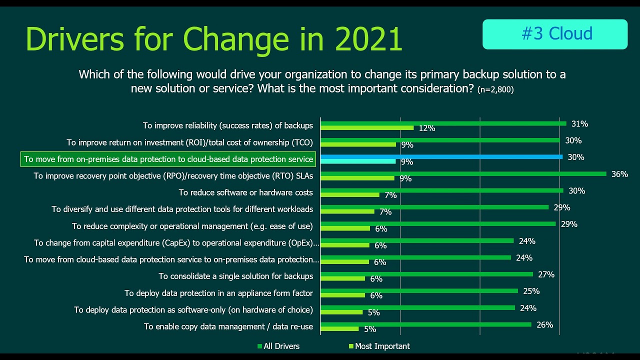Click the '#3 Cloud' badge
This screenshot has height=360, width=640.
[x=554, y=34]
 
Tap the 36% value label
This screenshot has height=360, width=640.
[x=619, y=174]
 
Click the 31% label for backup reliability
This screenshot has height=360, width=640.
[x=579, y=123]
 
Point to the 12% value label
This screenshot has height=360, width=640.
[x=426, y=128]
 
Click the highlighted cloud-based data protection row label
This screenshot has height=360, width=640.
[x=168, y=159]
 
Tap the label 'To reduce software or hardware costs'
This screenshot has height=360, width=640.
[x=245, y=192]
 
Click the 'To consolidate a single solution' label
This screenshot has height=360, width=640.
[x=235, y=276]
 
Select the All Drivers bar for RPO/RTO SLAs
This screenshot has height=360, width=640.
[x=463, y=173]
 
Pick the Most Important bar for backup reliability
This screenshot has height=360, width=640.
[x=367, y=128]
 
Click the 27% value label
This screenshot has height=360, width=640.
[x=546, y=274]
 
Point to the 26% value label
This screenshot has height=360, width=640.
[x=544, y=324]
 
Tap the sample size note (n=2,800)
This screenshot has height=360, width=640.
[x=495, y=89]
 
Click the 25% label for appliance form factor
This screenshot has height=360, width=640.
[x=531, y=291]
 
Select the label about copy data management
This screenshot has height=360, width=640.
[x=228, y=326]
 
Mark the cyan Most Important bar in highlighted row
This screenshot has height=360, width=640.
[x=358, y=161]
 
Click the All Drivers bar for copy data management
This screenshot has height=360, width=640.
[x=425, y=324]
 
